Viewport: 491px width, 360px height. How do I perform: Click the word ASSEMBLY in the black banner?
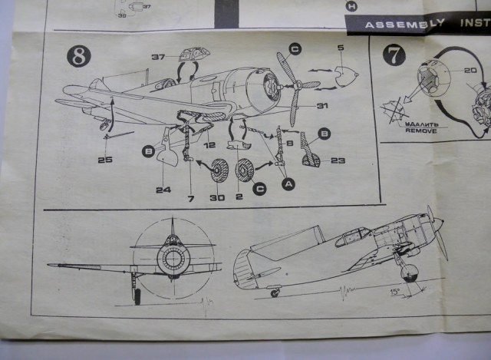click(399, 24)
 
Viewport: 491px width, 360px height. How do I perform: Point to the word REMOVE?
click(422, 131)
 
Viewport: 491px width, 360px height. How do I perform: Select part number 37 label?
click(159, 57)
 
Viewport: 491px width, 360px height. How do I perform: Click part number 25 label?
click(105, 159)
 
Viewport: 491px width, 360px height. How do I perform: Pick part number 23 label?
click(338, 160)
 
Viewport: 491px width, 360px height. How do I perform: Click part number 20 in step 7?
click(470, 70)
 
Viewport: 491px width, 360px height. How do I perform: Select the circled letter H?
click(351, 6)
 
